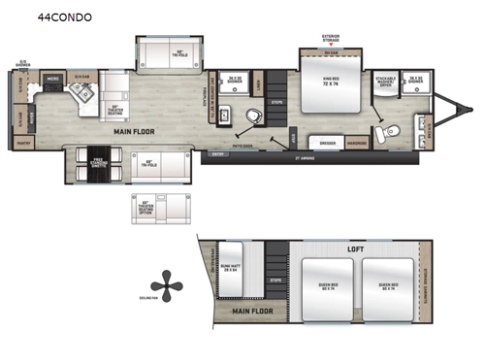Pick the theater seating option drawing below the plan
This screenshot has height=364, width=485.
point(148,206)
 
